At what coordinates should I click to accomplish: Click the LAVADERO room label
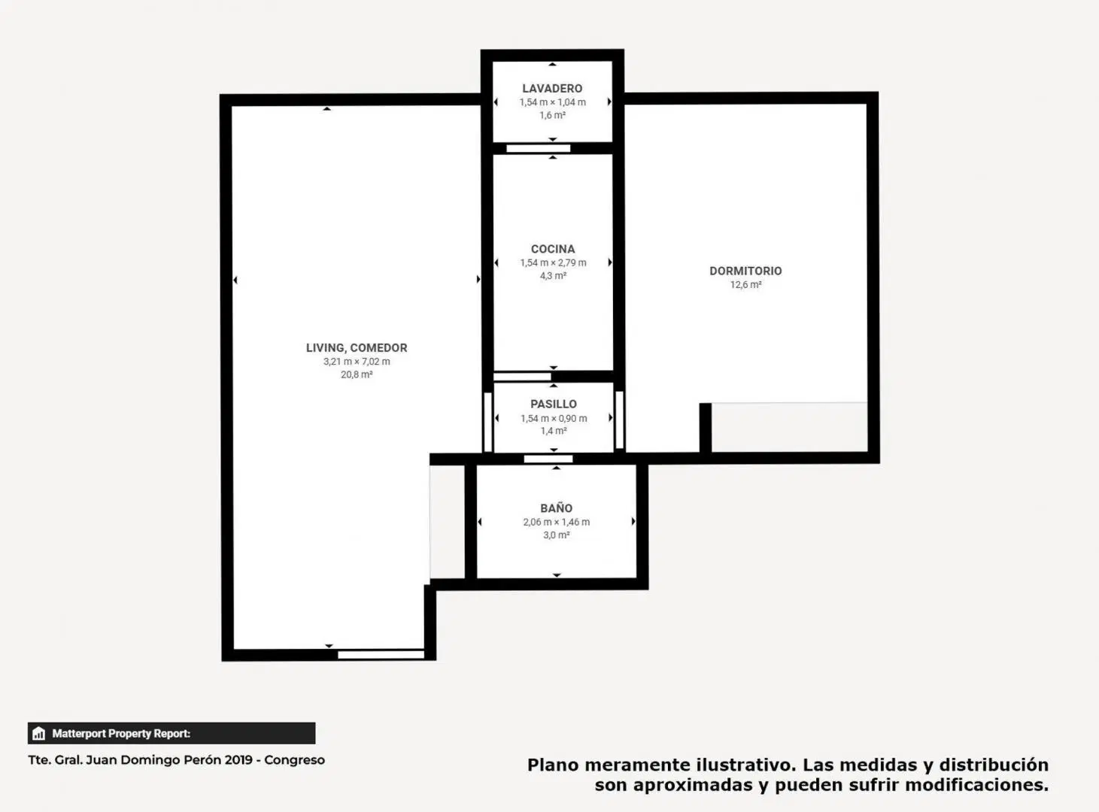pyautogui.click(x=552, y=88)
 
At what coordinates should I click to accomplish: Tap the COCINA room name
pyautogui.click(x=553, y=249)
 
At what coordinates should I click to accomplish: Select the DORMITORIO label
pyautogui.click(x=745, y=271)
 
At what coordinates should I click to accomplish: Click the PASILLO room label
pyautogui.click(x=554, y=404)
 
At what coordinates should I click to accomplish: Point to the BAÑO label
pyautogui.click(x=556, y=507)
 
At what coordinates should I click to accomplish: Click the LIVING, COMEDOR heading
pyautogui.click(x=357, y=348)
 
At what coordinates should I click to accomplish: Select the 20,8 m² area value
pyautogui.click(x=357, y=374)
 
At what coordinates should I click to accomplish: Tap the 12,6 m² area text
pyautogui.click(x=745, y=284)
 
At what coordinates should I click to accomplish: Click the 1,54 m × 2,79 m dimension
pyautogui.click(x=553, y=262)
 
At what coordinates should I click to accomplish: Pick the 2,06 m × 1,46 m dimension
pyautogui.click(x=556, y=522)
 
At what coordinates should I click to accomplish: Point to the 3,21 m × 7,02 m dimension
pyautogui.click(x=357, y=361)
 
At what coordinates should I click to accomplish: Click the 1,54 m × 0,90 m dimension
pyautogui.click(x=554, y=418)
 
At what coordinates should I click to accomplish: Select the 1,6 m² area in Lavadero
pyautogui.click(x=552, y=115)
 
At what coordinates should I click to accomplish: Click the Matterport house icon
pyautogui.click(x=38, y=733)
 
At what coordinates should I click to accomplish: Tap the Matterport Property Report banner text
pyautogui.click(x=121, y=733)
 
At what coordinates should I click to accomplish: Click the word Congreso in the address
pyautogui.click(x=294, y=760)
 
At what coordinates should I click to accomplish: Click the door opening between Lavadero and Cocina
pyautogui.click(x=538, y=148)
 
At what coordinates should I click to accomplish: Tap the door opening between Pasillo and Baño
pyautogui.click(x=548, y=459)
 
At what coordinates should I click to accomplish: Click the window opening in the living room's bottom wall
pyautogui.click(x=381, y=654)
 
